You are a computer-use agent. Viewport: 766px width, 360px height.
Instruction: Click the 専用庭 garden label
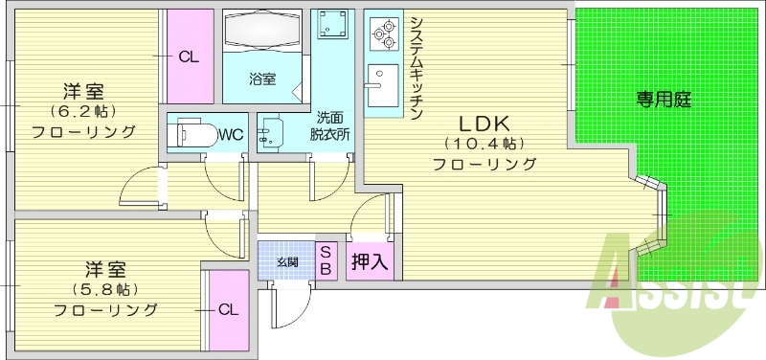pos(664,99)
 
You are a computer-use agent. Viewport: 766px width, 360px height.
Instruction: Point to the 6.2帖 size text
pos(81,112)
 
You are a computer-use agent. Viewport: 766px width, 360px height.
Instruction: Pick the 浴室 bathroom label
pos(262,79)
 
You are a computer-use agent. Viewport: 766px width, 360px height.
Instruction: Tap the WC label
pos(230,133)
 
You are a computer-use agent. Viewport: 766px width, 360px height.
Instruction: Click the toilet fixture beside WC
pos(191,133)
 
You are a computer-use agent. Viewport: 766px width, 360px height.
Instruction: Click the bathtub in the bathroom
pos(262,34)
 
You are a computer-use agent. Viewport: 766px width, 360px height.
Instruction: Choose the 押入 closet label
pos(370,261)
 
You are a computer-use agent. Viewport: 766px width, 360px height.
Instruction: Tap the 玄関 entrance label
pos(287,261)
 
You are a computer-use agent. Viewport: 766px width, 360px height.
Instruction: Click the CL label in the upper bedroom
pos(189,56)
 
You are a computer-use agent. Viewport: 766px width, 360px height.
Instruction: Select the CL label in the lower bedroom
pos(227,309)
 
